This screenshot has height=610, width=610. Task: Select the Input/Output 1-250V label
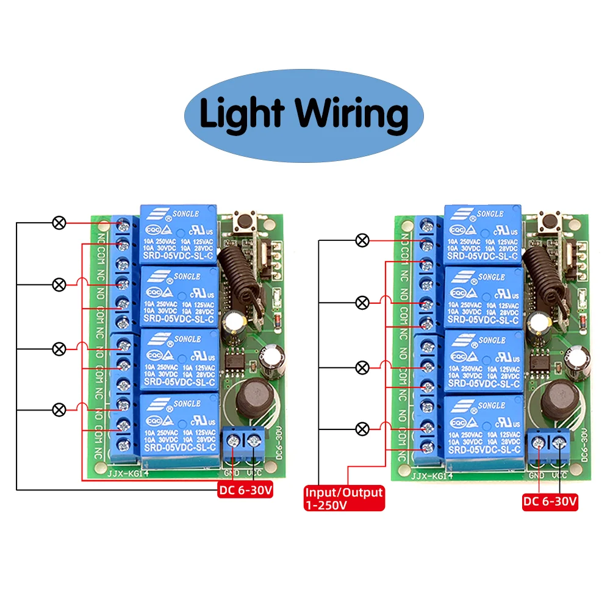pos(344,498)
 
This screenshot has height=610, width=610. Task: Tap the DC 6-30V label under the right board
pos(550,502)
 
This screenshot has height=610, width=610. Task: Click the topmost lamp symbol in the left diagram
pos(59,223)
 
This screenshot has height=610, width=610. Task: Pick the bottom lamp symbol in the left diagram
pos(59,409)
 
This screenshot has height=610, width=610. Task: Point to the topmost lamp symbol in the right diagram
pos(362,240)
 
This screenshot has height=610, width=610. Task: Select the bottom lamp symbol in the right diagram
pos(362,429)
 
